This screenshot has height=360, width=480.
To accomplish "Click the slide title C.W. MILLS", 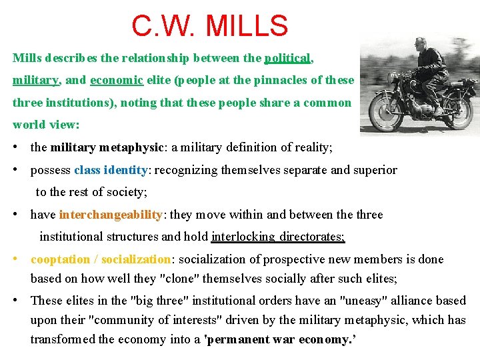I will (x=209, y=26).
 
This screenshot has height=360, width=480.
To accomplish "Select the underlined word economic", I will (x=117, y=80).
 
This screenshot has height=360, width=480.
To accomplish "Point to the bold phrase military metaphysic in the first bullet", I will (x=107, y=148).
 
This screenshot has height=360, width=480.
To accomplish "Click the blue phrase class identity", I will (x=111, y=170).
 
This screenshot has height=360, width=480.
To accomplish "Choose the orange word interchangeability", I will (x=111, y=215).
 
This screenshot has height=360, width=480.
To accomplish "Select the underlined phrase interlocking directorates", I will (x=277, y=236).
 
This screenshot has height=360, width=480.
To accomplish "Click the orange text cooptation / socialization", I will (x=101, y=259).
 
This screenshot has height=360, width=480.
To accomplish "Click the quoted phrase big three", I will (x=153, y=301).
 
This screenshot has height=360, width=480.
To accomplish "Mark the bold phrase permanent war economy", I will (x=280, y=339).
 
